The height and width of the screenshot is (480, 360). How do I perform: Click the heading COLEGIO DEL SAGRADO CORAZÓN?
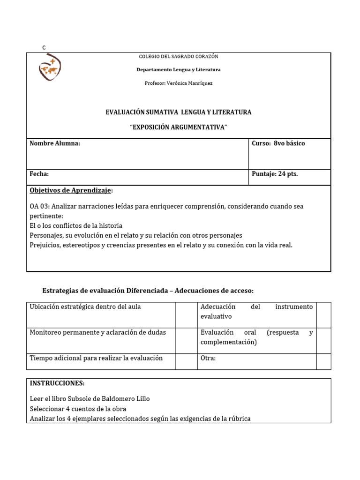tap(179, 57)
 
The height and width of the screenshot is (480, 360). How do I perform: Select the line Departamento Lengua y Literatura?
tap(179, 70)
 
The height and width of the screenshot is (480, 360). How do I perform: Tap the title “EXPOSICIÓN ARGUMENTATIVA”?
tap(179, 128)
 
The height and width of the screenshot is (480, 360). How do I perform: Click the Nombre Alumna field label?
tap(55, 143)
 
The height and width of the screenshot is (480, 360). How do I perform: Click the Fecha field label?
tap(39, 174)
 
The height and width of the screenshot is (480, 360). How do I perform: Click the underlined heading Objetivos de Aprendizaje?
tap(70, 190)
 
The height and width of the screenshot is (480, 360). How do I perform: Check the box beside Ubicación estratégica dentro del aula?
tap(186, 315)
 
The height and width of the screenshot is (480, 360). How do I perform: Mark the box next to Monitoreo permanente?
tap(186, 340)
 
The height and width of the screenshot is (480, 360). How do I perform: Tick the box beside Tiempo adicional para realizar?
tap(186, 361)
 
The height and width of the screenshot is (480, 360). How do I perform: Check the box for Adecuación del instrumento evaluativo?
tap(323, 315)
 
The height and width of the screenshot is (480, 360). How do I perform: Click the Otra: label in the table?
tap(208, 358)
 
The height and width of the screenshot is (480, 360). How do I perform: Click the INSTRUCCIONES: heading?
tap(57, 383)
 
